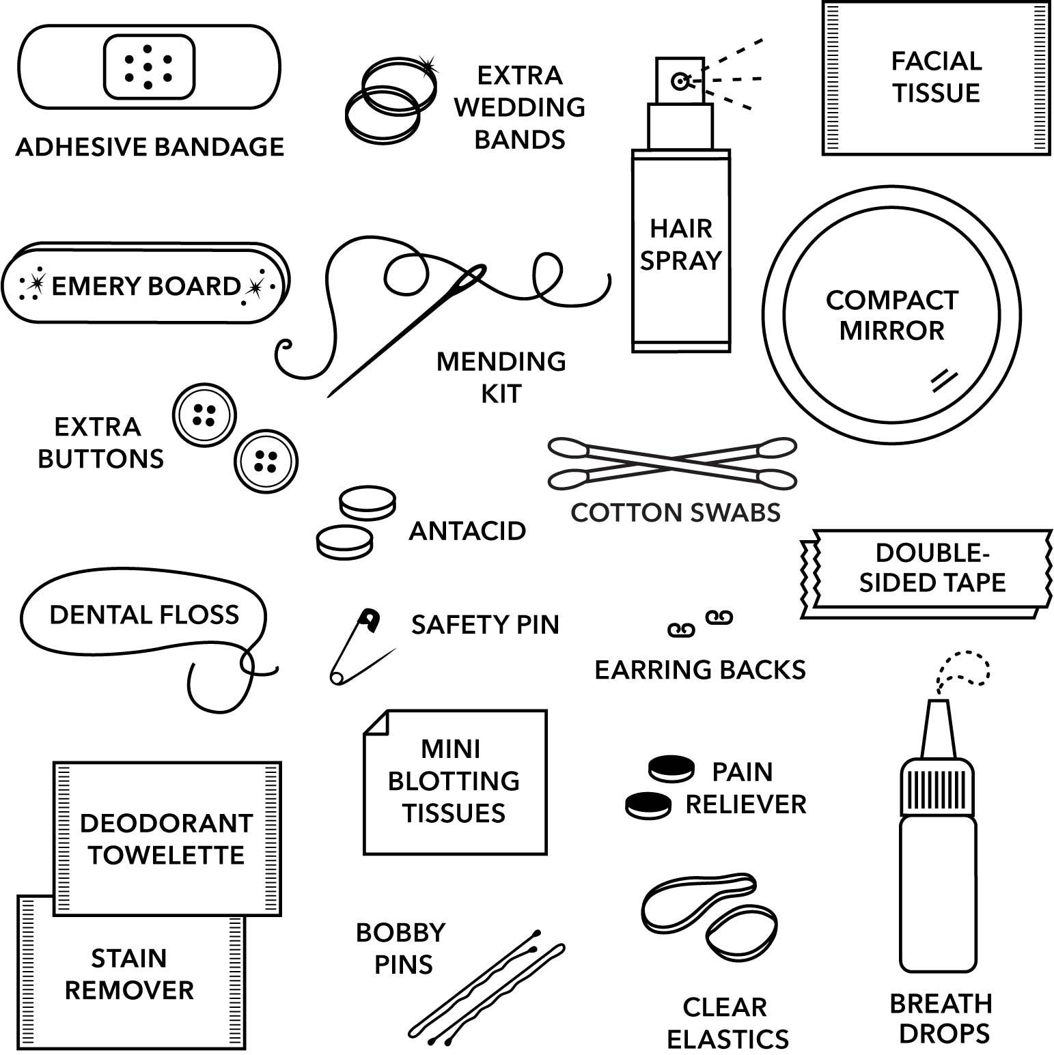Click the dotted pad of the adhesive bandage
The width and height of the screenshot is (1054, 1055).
click(149, 67)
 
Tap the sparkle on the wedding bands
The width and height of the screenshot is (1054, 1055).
click(428, 66)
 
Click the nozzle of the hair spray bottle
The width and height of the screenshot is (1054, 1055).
click(680, 81)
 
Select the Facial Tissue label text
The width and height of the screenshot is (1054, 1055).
click(936, 76)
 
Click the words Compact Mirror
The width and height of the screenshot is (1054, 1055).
click(891, 315)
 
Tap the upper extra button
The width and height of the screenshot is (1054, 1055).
click(204, 415)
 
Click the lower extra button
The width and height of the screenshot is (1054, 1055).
click(266, 462)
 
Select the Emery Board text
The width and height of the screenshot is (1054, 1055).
click(145, 286)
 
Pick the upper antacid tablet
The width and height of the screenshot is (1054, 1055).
click(367, 504)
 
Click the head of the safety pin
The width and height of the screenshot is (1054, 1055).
click(370, 619)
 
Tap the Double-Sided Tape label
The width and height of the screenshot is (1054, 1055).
click(932, 567)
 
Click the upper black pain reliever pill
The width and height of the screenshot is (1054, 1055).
click(671, 768)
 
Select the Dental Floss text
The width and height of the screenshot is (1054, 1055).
click(144, 615)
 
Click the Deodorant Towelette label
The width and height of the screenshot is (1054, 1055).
click(166, 839)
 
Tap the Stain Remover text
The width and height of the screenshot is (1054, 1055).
click(129, 974)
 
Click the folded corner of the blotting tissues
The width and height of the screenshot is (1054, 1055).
click(376, 723)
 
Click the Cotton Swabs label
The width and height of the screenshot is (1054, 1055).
click(676, 512)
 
